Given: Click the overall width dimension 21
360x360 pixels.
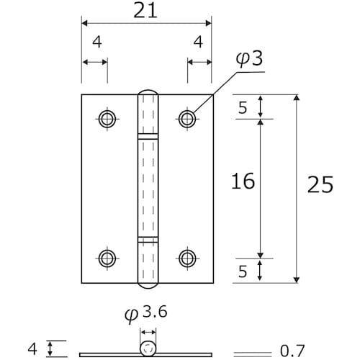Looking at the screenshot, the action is pos(145,11).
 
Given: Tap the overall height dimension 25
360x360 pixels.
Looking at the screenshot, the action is pos(320,184).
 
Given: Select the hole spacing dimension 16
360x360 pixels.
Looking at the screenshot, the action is pos(243,181).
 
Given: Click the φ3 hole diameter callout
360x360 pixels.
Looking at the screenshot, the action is pos(249,59).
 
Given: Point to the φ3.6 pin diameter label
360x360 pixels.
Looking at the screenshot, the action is pos(146,314).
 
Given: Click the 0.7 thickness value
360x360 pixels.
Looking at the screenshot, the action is pos(292,351).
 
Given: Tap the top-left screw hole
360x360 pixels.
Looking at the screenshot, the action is pos(107,119).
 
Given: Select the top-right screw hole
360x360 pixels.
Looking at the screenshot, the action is pos(187,119).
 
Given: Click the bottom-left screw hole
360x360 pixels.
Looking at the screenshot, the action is pos(107,258).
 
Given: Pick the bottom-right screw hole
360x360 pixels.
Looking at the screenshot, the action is pos(187,258).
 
